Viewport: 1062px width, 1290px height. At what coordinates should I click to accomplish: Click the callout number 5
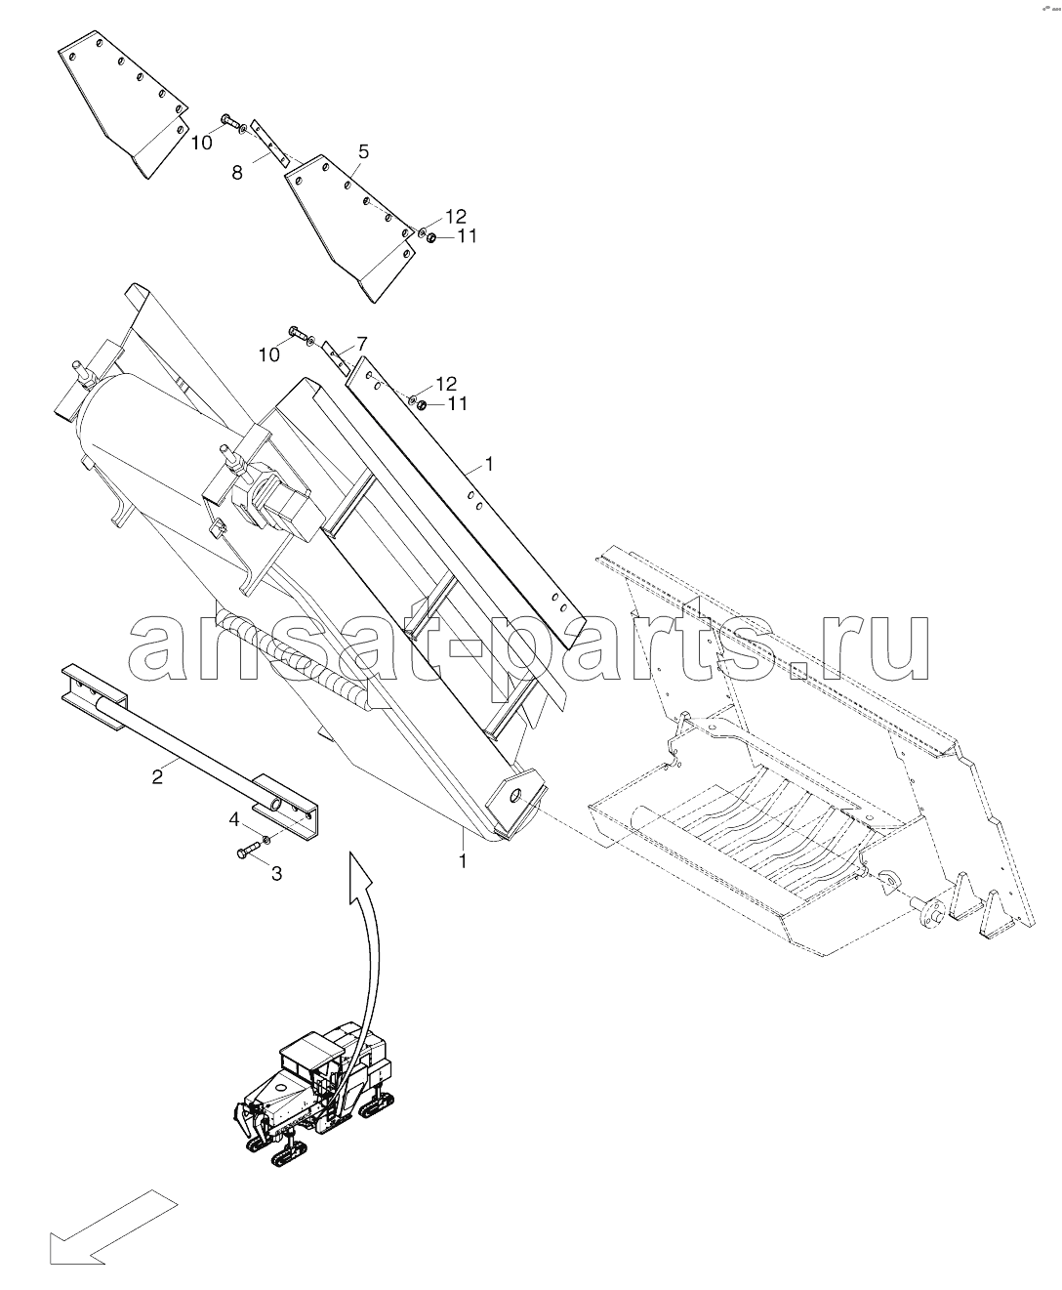point(363,151)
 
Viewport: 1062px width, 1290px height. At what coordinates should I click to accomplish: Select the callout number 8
point(237,173)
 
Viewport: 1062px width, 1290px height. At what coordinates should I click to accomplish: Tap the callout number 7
point(361,343)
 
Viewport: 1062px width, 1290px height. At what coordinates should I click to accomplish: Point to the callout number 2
point(157,776)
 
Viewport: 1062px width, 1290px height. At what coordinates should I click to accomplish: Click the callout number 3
point(276,874)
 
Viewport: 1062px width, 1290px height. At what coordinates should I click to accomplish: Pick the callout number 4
point(234,820)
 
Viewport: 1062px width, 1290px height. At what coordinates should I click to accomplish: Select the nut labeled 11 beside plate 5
point(432,238)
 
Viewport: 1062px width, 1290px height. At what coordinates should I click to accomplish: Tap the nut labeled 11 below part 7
point(423,405)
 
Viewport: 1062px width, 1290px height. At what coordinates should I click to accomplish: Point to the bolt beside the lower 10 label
point(298,333)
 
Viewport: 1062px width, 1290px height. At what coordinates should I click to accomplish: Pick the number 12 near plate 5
point(455,217)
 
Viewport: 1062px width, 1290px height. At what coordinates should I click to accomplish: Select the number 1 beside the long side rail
point(489,464)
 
